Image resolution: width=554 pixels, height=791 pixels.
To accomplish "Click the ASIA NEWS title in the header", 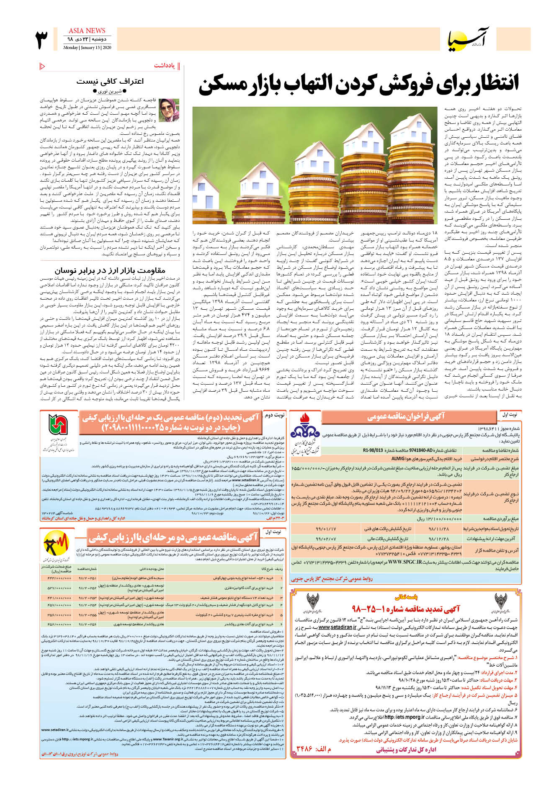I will [87, 31].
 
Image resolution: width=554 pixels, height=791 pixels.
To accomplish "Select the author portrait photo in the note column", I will [169, 110].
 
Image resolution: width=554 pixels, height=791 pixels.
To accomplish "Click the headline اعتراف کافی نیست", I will [110, 81].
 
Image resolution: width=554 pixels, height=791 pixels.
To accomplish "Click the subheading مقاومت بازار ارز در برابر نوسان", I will [110, 270].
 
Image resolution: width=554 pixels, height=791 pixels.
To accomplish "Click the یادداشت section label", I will [164, 66].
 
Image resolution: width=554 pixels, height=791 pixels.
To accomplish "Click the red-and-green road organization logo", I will [58, 426].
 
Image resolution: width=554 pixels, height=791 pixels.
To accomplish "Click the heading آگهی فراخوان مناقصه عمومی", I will [406, 416].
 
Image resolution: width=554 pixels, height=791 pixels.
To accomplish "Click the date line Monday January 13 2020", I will [87, 48].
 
